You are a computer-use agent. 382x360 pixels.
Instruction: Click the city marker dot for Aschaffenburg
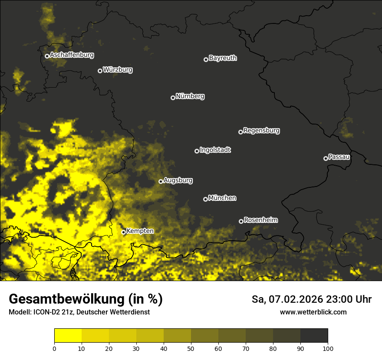tap(47, 56)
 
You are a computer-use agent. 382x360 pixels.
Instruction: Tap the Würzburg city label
tap(118, 70)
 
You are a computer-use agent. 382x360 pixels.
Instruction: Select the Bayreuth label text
tap(223, 58)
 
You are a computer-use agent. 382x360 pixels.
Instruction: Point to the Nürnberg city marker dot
tap(173, 98)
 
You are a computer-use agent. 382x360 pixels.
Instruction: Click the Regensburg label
tap(261, 131)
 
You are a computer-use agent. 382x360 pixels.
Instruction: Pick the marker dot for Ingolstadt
tap(197, 151)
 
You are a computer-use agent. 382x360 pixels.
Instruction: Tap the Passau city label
tap(339, 157)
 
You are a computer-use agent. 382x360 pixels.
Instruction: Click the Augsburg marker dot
tap(161, 181)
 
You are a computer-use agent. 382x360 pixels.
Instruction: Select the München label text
tap(222, 198)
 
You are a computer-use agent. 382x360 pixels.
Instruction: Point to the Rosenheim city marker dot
tap(241, 221)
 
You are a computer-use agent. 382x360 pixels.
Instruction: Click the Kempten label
tap(140, 231)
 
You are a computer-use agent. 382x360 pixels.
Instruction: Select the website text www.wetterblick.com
tap(313, 312)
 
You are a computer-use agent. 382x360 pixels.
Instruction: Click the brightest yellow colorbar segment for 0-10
tap(68, 335)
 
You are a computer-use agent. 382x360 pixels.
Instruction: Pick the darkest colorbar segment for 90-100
tap(314, 335)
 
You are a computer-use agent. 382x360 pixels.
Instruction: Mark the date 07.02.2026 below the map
tap(293, 299)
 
